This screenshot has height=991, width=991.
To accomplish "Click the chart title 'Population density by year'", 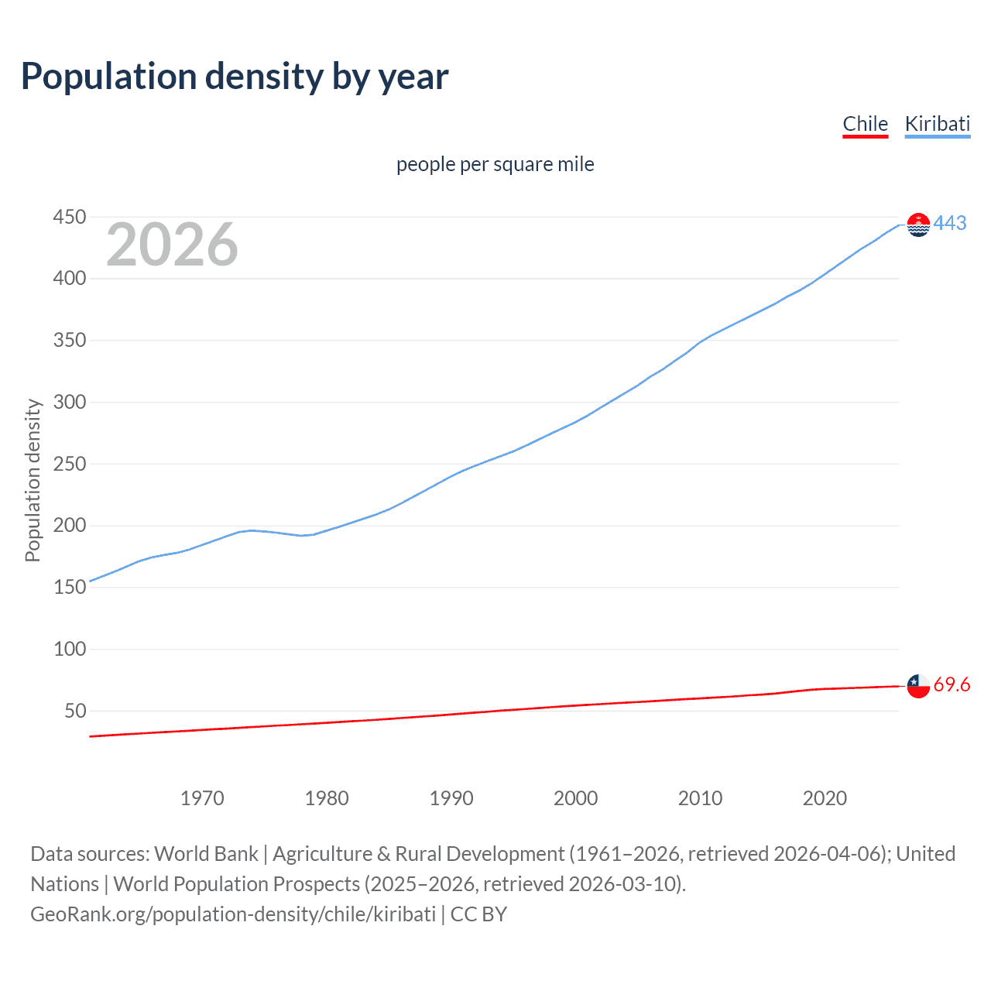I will (x=235, y=77).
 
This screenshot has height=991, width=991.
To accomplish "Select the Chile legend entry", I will (x=865, y=124).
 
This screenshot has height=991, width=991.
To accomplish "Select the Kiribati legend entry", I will (x=937, y=124).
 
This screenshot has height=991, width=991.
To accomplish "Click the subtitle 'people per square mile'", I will (x=495, y=164).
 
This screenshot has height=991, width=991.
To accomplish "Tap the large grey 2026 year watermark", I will (x=172, y=245).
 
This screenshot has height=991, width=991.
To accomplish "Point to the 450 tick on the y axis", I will (x=70, y=217).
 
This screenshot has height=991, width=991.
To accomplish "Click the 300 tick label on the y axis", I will (x=70, y=402).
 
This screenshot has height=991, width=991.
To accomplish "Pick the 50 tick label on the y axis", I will (x=75, y=711).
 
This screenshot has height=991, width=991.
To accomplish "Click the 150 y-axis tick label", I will (x=70, y=587).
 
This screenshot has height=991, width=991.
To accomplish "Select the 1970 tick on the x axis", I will (x=202, y=798).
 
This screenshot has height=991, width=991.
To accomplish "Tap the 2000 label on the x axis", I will (x=575, y=798).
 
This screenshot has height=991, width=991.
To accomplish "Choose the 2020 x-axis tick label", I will (x=825, y=798).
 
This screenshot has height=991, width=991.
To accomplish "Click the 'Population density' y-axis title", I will (x=33, y=480).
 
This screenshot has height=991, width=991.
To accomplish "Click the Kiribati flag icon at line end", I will (x=918, y=225).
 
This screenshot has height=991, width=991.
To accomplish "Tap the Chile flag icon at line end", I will (x=918, y=686).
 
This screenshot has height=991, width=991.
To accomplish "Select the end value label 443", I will (x=950, y=223).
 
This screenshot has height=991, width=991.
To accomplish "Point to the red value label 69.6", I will (x=952, y=684).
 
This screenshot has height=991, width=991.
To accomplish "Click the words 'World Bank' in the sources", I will (x=206, y=853).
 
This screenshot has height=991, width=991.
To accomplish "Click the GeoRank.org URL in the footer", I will (x=233, y=914).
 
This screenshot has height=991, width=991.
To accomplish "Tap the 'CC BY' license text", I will (x=478, y=914).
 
